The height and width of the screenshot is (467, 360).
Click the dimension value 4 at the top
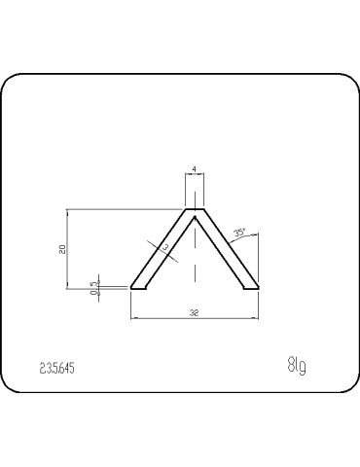[195, 170]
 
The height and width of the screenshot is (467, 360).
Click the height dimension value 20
[62, 249]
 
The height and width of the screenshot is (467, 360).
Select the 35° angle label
[239, 233]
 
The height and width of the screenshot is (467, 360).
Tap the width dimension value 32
[195, 312]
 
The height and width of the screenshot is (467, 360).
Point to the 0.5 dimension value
[93, 287]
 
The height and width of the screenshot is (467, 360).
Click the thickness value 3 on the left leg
[165, 249]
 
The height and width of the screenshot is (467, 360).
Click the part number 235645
[58, 369]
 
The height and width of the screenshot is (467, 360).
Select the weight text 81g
[297, 366]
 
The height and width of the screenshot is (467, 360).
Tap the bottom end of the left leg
[138, 288]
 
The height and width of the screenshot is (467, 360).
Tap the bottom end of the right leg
[251, 288]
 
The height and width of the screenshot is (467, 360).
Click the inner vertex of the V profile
[195, 218]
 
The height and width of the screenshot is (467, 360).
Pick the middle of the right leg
[226, 252]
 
